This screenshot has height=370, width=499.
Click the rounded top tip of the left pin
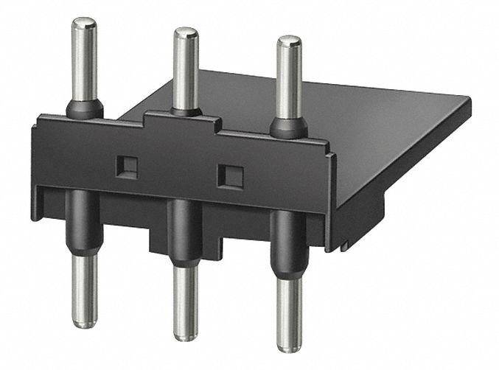pyautogui.click(x=84, y=24)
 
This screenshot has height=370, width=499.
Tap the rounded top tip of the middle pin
pyautogui.click(x=185, y=32)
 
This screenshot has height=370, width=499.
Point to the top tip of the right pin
pyautogui.click(x=288, y=41)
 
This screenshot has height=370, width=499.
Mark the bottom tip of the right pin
pyautogui.click(x=288, y=346)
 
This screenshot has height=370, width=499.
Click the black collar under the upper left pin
pyautogui.click(x=85, y=109)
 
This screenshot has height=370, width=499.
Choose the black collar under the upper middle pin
pyautogui.click(x=186, y=111)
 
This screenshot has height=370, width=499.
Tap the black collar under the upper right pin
pyautogui.click(x=288, y=128)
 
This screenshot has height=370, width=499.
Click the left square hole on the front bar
pyautogui.click(x=128, y=167)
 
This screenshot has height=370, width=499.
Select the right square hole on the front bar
pyautogui.click(x=232, y=175)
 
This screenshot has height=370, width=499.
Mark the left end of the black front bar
pyautogui.click(x=37, y=170)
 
